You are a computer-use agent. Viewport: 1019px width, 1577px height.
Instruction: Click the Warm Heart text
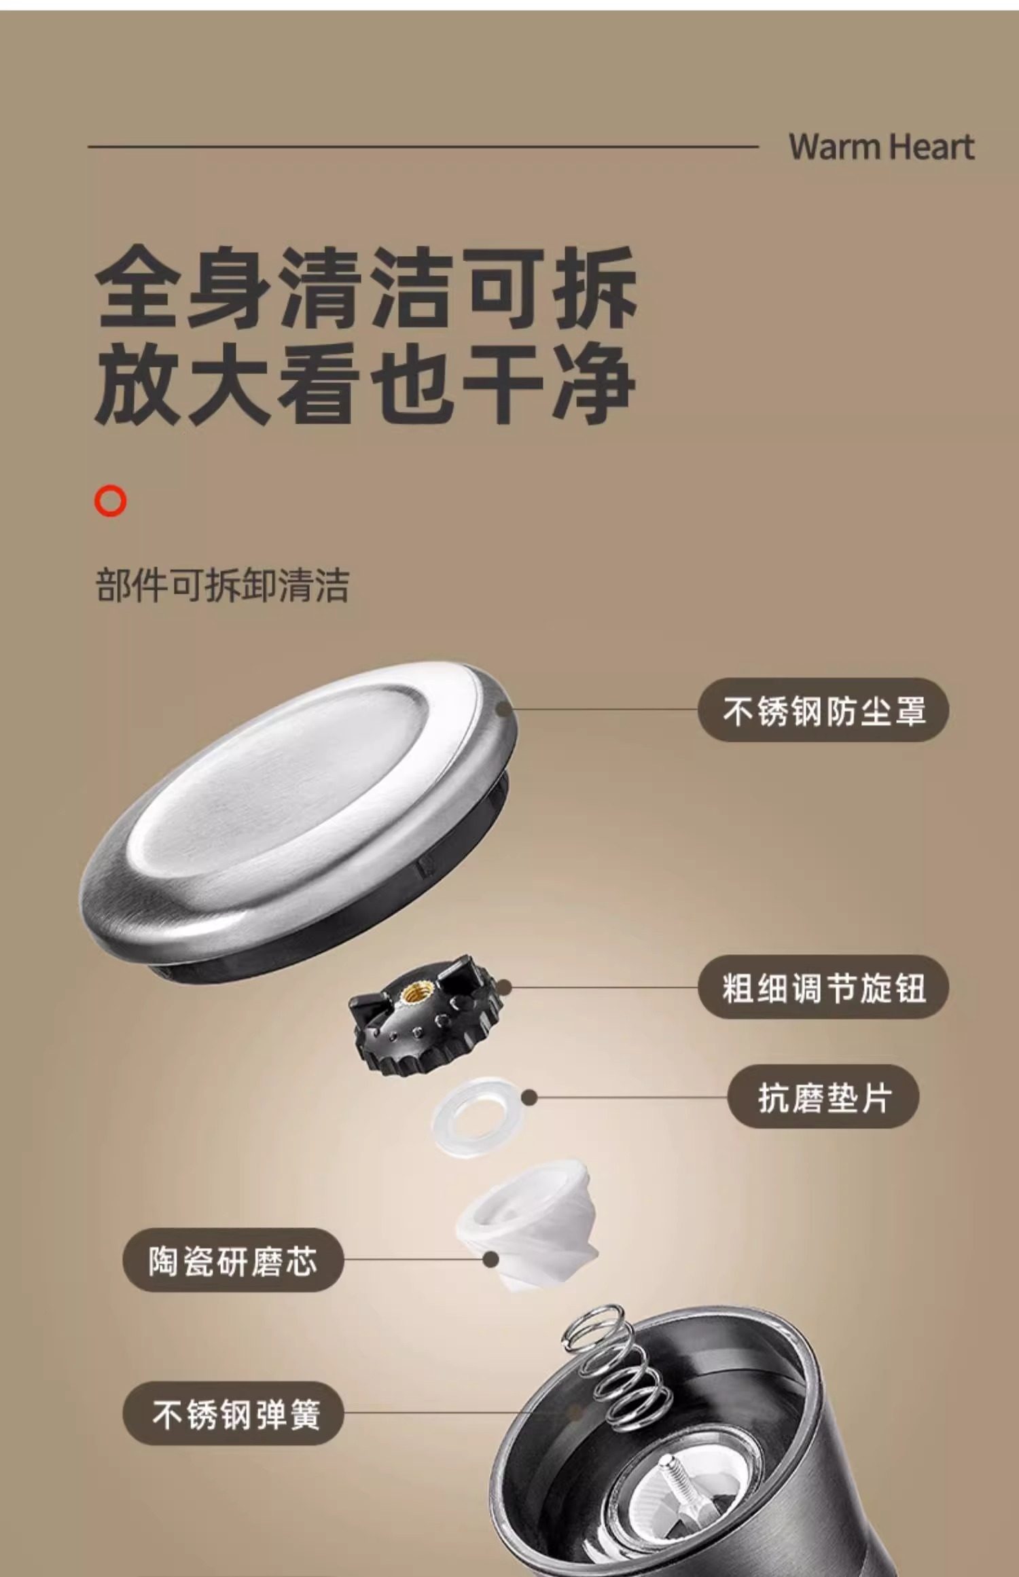pos(881,147)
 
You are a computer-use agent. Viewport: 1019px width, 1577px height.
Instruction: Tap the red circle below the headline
pos(111,501)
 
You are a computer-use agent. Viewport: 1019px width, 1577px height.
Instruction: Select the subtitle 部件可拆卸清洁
pos(222,585)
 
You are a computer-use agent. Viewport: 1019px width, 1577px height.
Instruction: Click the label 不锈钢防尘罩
pos(823,710)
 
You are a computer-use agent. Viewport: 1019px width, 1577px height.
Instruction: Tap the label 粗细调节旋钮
pos(823,987)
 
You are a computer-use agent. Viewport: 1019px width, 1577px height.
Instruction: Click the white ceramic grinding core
pos(530,1222)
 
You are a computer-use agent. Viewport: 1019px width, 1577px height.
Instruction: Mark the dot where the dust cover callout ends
pos(503,710)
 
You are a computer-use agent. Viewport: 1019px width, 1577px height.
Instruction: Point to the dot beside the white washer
pos(530,1098)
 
